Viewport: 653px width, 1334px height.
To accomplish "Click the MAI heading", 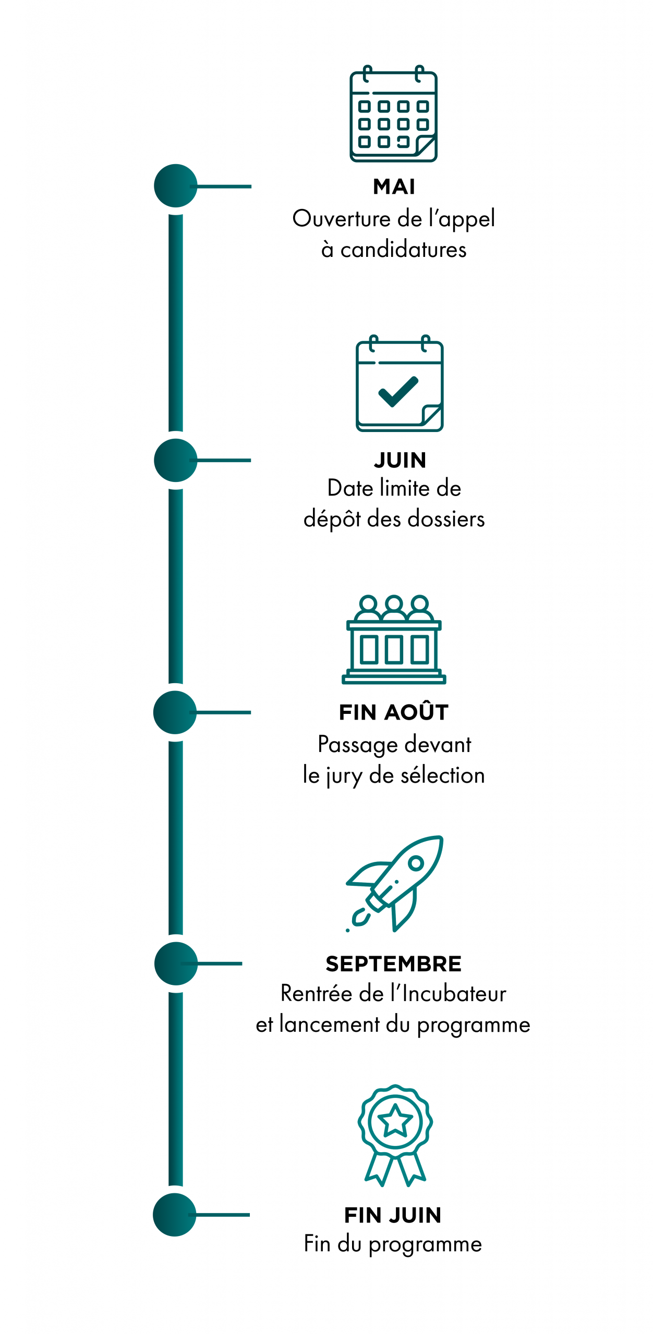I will coord(394,187).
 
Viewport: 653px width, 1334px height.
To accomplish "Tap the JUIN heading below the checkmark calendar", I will coord(400,460).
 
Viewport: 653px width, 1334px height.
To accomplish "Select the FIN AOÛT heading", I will coord(394,712).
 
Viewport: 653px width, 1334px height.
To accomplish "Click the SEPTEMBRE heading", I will coord(393,964).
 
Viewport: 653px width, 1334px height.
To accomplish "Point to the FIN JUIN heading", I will coord(393,1215).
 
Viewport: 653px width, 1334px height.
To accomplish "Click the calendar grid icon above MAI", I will coord(393,115).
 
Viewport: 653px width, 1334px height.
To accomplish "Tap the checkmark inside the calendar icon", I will coord(398,391).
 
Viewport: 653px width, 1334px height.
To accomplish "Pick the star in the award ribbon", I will coord(395,1120).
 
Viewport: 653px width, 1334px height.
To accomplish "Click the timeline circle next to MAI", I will coord(176,186).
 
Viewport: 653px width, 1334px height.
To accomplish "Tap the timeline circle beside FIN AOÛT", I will coord(175,712).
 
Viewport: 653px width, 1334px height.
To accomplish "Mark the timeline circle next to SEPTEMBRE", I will coord(176,964).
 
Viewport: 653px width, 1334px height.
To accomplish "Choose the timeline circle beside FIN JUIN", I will coord(175,1215).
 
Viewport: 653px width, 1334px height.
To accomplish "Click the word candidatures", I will coord(403,250).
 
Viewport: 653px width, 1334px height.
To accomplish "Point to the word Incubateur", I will coord(454,994).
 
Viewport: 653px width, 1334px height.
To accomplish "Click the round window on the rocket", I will coord(416,863).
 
